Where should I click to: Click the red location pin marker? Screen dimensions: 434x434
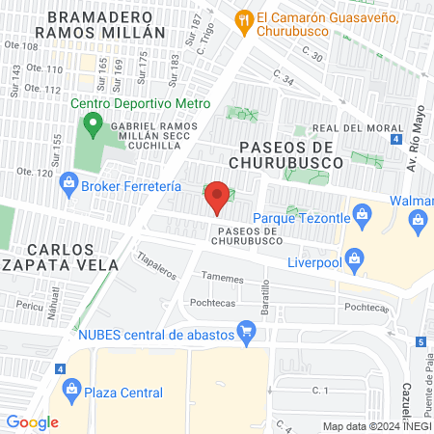click(x=217, y=198)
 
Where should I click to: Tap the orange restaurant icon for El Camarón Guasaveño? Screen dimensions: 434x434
click(x=245, y=18)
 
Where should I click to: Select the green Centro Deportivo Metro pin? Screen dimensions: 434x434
click(x=93, y=123)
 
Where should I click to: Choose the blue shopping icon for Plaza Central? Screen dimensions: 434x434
click(x=70, y=390)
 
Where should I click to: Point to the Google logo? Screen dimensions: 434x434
click(x=32, y=422)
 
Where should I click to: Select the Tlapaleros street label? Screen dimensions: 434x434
click(x=157, y=264)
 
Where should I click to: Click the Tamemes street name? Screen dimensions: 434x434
click(x=223, y=276)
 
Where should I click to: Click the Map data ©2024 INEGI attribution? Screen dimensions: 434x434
click(x=375, y=426)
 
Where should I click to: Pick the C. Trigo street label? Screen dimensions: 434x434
click(x=204, y=42)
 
